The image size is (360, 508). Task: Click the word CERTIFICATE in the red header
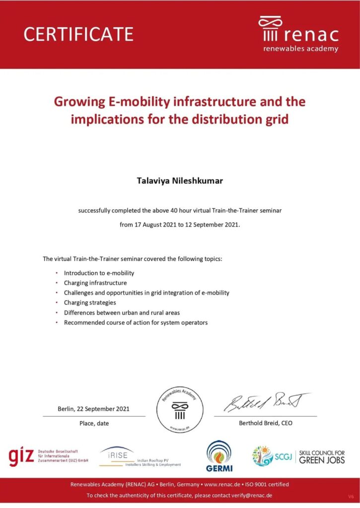(x=78, y=34)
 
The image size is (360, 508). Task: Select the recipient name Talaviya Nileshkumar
(x=180, y=181)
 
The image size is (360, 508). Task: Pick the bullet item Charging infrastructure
(x=95, y=283)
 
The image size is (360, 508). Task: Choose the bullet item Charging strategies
(x=90, y=303)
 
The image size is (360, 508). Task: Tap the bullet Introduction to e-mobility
(x=99, y=273)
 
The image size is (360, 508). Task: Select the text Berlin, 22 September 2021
(x=93, y=409)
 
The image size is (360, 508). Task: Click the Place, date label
(x=94, y=423)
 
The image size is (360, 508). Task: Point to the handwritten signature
(x=266, y=403)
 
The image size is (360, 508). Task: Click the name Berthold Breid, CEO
(x=266, y=423)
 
